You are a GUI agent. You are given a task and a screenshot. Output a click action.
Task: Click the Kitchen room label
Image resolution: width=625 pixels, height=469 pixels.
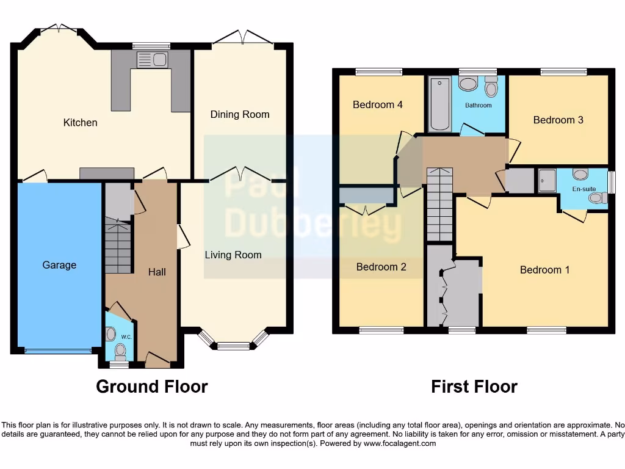[x=80, y=123]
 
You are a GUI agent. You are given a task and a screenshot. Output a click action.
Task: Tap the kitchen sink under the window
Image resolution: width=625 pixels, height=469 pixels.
[x=153, y=60]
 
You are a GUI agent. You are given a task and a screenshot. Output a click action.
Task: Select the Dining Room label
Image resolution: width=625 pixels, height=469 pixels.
[x=239, y=114]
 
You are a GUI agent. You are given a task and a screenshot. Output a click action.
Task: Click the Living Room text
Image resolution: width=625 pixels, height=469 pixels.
[x=233, y=255]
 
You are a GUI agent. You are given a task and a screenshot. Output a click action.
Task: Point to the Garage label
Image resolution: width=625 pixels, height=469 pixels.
[x=59, y=265]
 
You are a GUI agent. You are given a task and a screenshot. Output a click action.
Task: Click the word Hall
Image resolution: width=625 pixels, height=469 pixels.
[x=157, y=272]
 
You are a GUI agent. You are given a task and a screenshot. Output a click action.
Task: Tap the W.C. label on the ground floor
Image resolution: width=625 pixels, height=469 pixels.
[x=126, y=336]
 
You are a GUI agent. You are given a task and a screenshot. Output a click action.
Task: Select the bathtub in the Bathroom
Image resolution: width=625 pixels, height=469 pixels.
[x=439, y=104]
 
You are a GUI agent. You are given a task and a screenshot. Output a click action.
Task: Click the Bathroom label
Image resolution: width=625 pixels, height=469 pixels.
[x=478, y=105]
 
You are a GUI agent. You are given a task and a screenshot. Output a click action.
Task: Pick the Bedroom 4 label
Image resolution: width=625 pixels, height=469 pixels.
[x=377, y=104]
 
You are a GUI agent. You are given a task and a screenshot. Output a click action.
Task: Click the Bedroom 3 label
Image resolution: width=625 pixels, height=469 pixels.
[x=558, y=120]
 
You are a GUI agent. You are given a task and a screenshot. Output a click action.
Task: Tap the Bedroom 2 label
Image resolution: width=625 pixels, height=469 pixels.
[x=381, y=267]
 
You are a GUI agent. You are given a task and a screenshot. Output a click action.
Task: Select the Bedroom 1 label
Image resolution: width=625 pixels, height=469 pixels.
[x=544, y=269]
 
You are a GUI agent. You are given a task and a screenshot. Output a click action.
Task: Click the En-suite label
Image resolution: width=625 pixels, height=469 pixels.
[x=583, y=189]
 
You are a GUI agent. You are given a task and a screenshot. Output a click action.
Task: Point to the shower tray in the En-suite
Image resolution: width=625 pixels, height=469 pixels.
[x=547, y=181]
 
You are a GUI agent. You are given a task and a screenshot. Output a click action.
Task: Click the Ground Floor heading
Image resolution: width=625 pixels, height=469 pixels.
[x=151, y=387]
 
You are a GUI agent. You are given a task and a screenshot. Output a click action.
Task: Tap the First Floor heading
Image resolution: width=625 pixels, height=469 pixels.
[x=474, y=387]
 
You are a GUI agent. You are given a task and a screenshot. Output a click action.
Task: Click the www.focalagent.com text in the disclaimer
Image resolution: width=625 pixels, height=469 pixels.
[x=400, y=443]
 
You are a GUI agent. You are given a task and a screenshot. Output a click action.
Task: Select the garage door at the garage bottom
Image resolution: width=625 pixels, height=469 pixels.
[x=58, y=351]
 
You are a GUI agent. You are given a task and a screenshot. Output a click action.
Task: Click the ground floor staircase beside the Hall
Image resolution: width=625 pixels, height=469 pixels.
[x=118, y=247]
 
